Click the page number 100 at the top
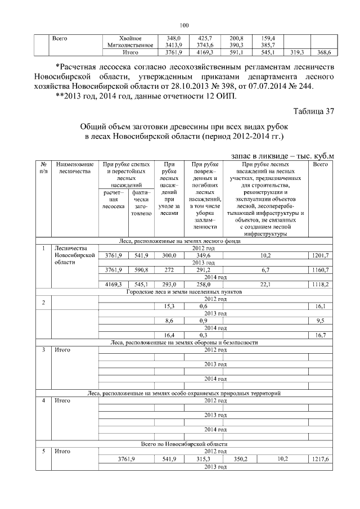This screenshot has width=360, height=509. tap(184, 25)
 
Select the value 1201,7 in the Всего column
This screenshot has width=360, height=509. tap(320, 256)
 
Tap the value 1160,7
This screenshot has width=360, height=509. tap(320, 270)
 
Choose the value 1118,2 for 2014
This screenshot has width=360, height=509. tap(320, 285)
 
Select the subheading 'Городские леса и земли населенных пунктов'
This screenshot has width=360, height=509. tap(184, 292)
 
